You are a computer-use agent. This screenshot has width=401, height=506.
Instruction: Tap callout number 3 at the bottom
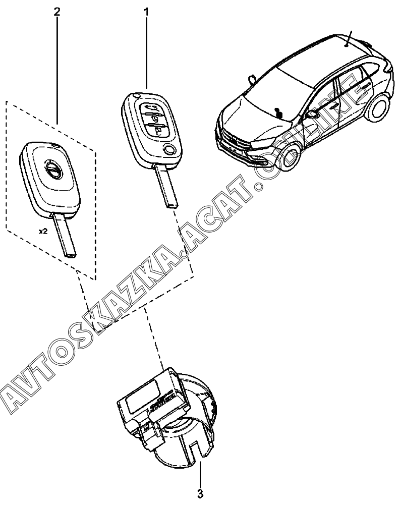click(200, 492)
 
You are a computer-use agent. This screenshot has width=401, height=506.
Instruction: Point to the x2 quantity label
click(43, 233)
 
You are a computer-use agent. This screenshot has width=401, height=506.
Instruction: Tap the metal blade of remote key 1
click(167, 186)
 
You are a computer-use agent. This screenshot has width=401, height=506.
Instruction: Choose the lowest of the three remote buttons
click(159, 132)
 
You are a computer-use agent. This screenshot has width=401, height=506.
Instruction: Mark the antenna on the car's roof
click(349, 38)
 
